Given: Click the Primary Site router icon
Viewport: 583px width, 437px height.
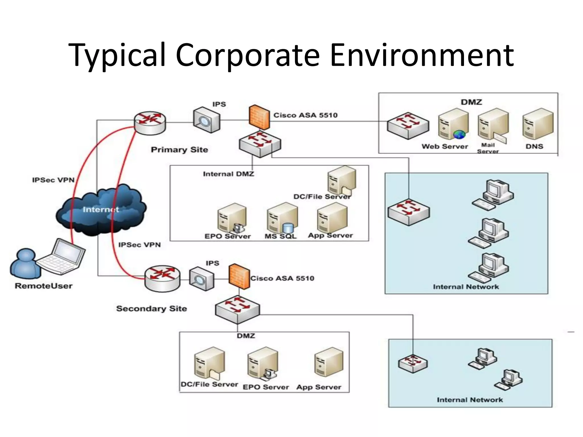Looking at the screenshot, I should coord(150,123).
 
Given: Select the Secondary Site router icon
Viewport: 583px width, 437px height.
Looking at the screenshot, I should coord(162,279).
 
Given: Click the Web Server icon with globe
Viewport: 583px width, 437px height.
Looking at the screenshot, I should coord(453,124).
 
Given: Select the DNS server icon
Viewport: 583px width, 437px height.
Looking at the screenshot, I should coord(538,124).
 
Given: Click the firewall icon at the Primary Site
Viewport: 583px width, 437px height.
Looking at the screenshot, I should coord(259,118).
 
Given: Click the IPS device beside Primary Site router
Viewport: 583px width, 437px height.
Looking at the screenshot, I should coord(206,120).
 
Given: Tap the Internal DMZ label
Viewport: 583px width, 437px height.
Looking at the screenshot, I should coord(228,174).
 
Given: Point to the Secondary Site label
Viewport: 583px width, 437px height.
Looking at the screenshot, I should coord(151,309).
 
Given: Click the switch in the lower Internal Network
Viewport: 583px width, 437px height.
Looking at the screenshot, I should coord(412,364).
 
